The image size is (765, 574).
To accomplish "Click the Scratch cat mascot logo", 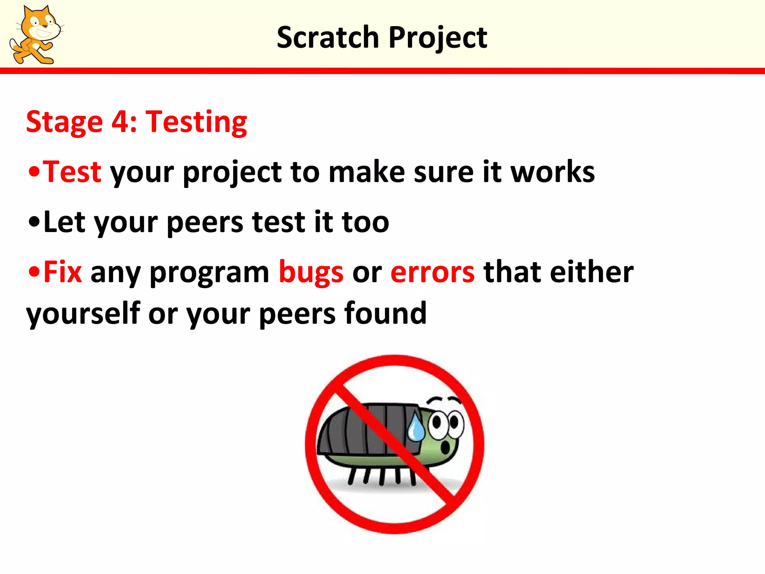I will (x=35, y=36).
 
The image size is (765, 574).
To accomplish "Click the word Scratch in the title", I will (x=328, y=37).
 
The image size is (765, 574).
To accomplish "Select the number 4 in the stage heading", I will (x=119, y=121).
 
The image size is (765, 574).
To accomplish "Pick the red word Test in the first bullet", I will (x=72, y=172).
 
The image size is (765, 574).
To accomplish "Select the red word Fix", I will (x=62, y=272).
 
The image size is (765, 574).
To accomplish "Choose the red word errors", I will (x=433, y=272).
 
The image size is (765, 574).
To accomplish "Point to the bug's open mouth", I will (x=446, y=447).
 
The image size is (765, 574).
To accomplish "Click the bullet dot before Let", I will (x=34, y=222).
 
